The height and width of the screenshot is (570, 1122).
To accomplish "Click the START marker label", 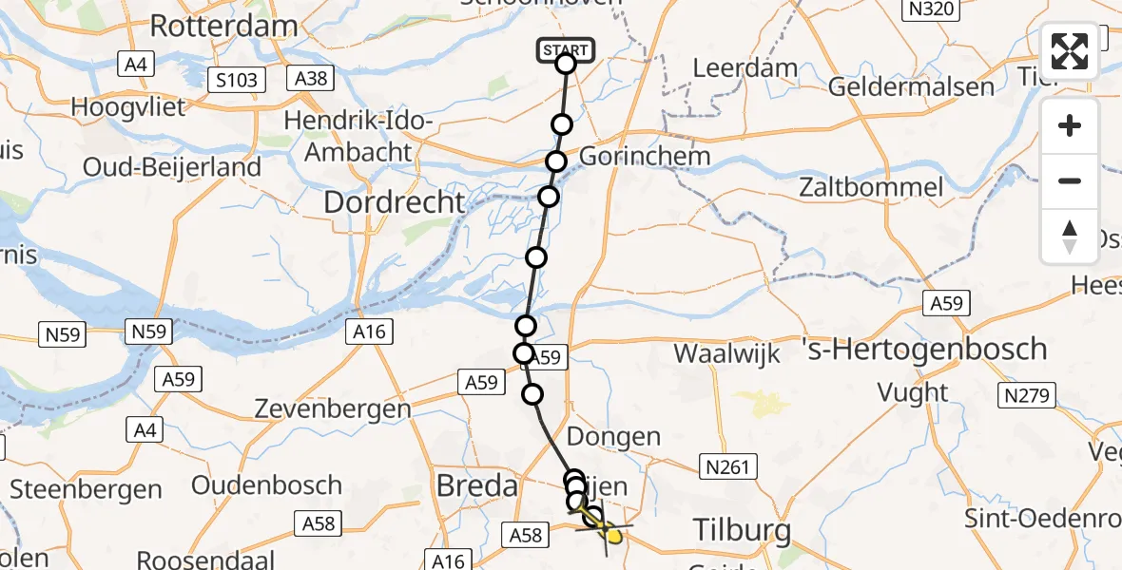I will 566,49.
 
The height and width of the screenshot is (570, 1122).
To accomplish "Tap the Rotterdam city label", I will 224,26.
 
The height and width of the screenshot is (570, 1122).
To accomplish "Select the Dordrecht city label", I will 395,201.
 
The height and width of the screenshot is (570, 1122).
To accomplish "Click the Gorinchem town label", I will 644,156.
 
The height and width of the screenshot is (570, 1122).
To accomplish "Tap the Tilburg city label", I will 742,530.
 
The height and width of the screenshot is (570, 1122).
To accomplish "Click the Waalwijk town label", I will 726,354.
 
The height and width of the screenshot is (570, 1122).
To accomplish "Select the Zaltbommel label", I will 872,186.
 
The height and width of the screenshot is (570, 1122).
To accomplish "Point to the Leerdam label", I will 745,68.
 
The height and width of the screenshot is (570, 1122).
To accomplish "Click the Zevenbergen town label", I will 333,409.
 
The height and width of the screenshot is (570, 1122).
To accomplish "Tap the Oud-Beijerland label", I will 172,167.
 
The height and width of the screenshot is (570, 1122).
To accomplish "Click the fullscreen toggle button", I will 1070,51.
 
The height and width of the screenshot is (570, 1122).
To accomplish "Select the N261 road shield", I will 727,466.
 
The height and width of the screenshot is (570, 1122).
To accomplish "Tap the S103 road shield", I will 236,80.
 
